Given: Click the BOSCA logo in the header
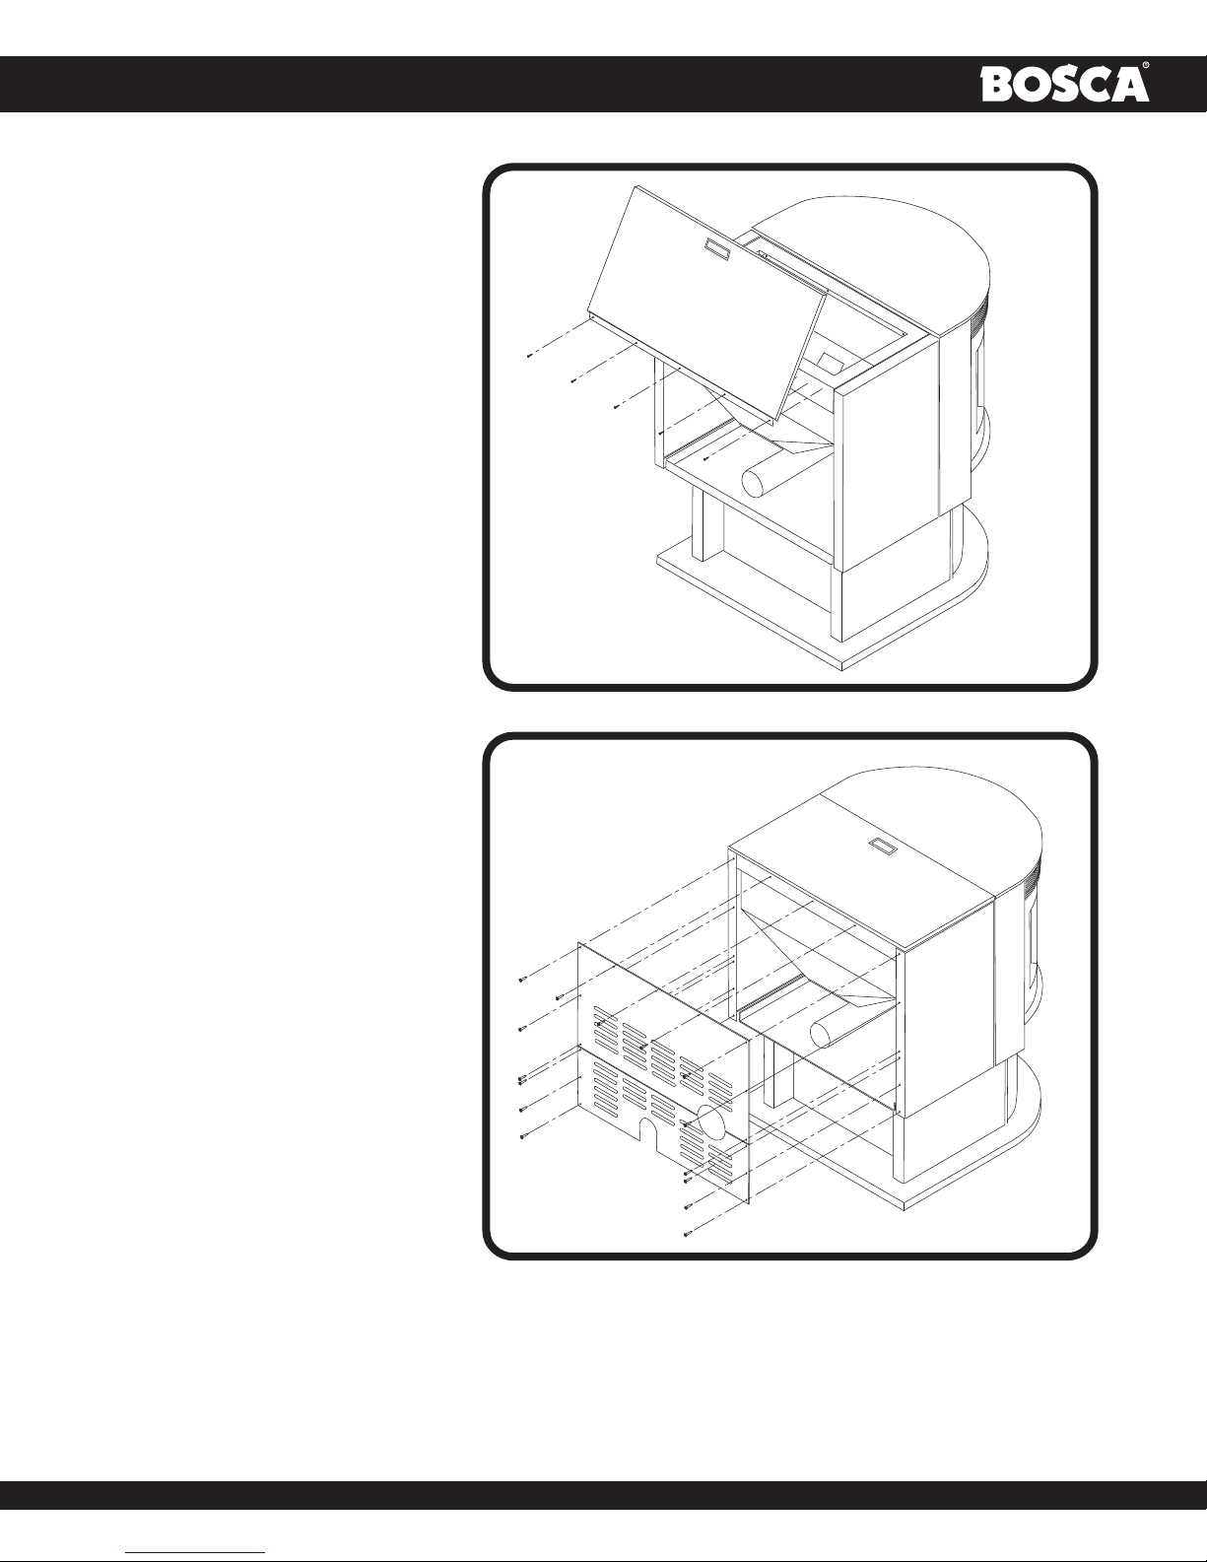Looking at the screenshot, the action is (1064, 85).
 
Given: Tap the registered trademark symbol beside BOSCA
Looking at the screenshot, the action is (1145, 65).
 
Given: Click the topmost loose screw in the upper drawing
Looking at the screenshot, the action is (529, 356).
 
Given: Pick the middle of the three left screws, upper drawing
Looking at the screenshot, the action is (572, 381).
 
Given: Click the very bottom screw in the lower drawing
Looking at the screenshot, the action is (688, 1234).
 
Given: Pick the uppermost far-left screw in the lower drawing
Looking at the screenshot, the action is (521, 980).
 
